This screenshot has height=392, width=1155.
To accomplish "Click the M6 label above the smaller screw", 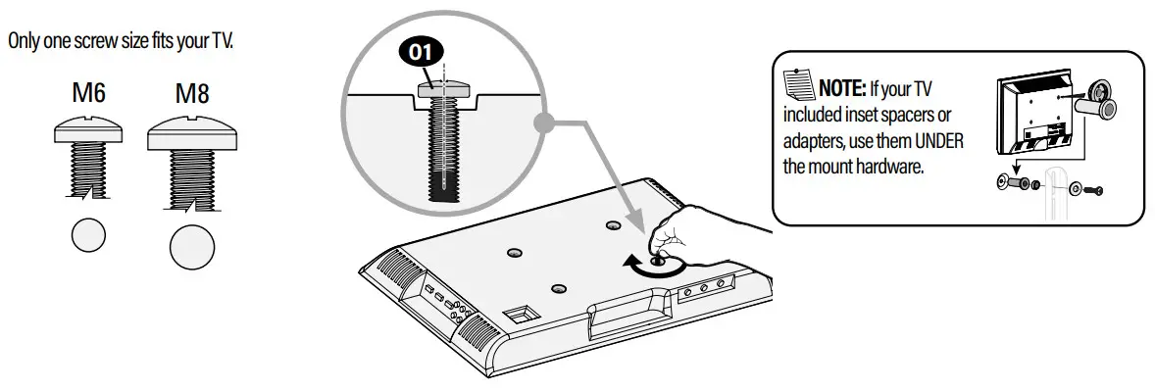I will pos(88,94).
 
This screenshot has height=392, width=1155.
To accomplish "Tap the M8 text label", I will pos(192,95).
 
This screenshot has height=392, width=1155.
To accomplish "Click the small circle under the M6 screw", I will pos(89,236).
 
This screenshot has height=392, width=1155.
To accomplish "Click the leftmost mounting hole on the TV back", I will pos(513,252).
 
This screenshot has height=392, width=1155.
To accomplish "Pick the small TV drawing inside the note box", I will pos(1029,116).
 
